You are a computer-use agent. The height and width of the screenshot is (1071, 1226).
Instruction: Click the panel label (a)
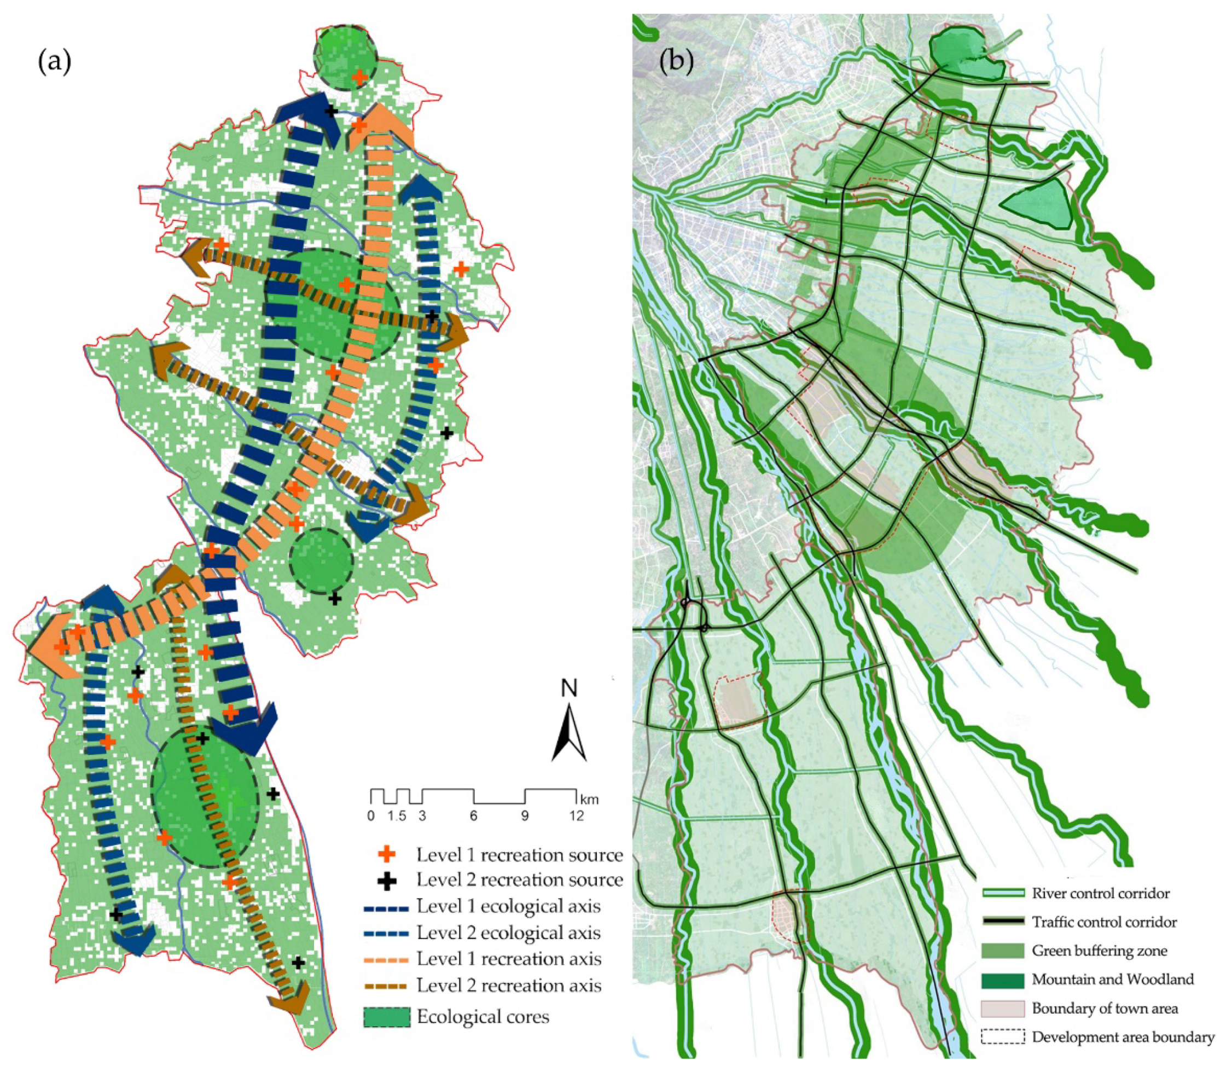(54, 61)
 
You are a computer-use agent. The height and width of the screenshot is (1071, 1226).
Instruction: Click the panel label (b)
(676, 61)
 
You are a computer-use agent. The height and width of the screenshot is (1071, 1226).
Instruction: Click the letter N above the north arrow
(569, 689)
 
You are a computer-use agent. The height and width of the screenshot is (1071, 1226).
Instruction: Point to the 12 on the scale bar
(576, 816)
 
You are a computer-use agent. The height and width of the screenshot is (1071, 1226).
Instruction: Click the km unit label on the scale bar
(589, 799)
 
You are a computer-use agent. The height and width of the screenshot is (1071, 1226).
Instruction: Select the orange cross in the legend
(387, 854)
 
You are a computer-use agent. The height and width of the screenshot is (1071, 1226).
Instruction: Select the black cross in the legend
(387, 880)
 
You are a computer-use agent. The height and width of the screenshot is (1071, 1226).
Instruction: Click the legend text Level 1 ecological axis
(508, 907)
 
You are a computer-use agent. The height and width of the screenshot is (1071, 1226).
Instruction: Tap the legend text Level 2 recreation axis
(508, 986)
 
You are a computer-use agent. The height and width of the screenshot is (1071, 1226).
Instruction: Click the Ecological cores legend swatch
(387, 1017)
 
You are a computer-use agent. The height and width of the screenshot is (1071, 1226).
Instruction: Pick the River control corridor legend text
(1101, 894)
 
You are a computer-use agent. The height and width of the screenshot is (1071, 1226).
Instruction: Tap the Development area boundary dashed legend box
(1003, 1037)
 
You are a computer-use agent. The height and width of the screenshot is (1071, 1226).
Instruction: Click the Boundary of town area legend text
(1105, 1008)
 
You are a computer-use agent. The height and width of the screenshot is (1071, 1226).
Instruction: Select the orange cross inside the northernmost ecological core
(359, 77)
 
